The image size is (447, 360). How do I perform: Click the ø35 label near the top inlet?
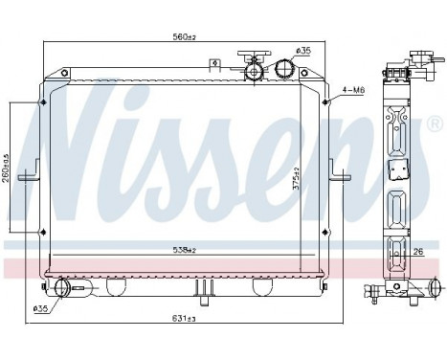click(303, 50)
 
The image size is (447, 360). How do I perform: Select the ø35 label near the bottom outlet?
click(40, 308)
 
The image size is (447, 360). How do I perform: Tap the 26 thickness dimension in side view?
click(418, 253)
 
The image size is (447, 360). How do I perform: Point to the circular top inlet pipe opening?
click(285, 68)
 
